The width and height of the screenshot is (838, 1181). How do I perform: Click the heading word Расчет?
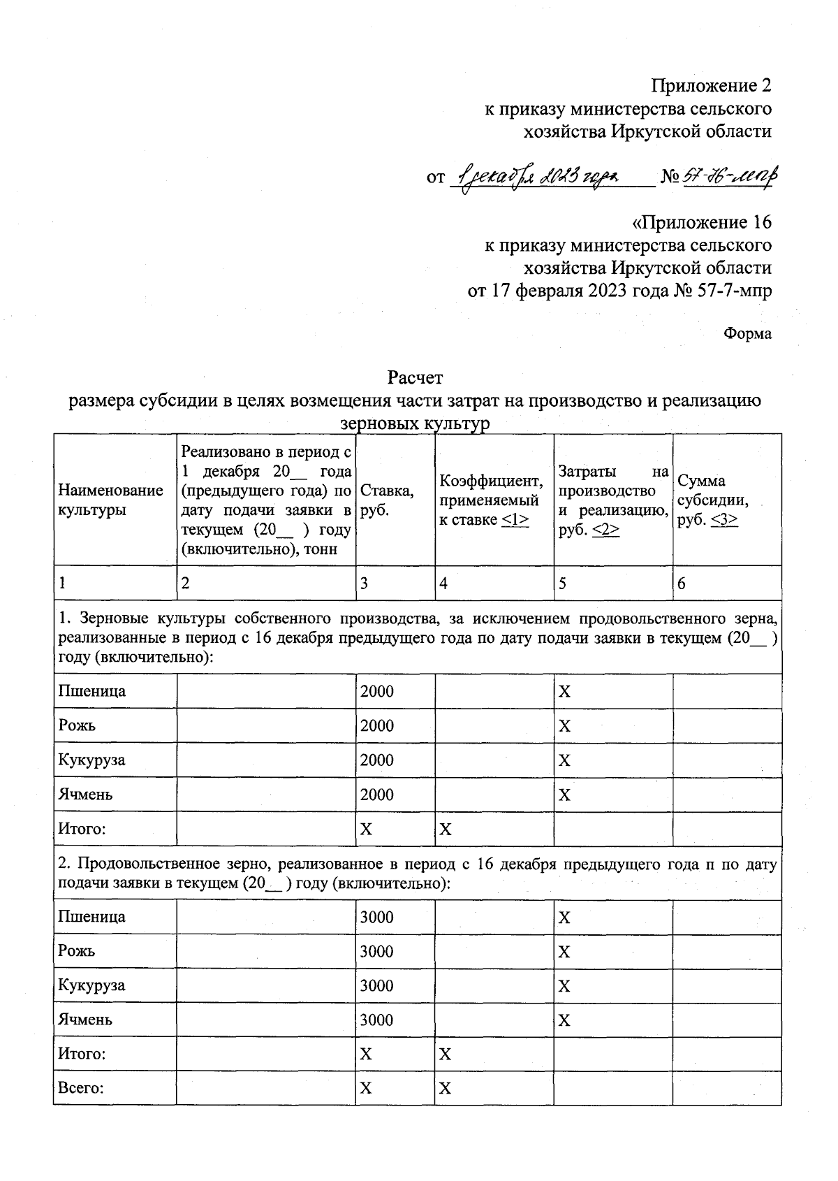click(416, 378)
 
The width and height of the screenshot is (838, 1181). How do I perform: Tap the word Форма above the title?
click(747, 334)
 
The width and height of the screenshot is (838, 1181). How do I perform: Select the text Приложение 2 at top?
click(712, 86)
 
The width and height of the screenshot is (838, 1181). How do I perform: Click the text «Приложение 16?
click(702, 223)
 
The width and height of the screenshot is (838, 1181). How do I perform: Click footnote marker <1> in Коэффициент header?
click(515, 520)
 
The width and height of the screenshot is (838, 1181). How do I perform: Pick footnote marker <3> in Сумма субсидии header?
click(724, 520)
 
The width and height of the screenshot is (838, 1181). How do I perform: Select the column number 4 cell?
click(443, 584)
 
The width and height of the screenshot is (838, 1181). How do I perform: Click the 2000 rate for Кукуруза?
click(377, 760)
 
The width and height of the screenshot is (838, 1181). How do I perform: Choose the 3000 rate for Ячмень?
click(377, 1020)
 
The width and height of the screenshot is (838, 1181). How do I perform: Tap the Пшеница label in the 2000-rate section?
click(91, 691)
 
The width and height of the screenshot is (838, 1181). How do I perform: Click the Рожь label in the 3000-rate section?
click(77, 951)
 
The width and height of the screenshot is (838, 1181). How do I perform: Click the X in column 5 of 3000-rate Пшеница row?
click(564, 918)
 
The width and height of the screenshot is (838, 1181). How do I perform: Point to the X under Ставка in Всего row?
click(366, 1088)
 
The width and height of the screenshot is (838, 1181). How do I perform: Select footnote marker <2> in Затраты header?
click(605, 531)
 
